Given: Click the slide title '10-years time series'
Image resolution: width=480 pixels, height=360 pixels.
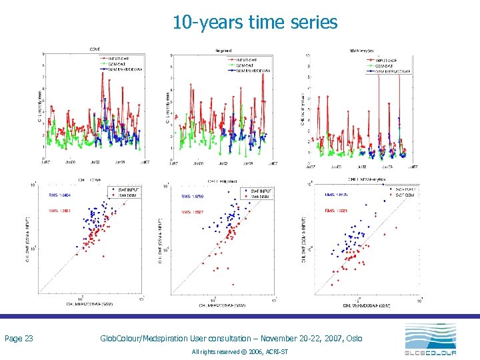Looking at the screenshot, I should [255, 23].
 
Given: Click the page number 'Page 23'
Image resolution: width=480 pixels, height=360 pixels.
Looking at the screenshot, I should [19, 339].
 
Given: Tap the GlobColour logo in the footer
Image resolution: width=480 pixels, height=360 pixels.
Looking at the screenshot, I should [431, 339].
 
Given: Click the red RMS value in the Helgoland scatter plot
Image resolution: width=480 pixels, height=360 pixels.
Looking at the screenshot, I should [194, 211].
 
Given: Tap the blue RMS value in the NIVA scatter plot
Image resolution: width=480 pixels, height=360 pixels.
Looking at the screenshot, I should [336, 195].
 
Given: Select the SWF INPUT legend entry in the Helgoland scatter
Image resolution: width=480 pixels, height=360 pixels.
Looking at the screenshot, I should [259, 191].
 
